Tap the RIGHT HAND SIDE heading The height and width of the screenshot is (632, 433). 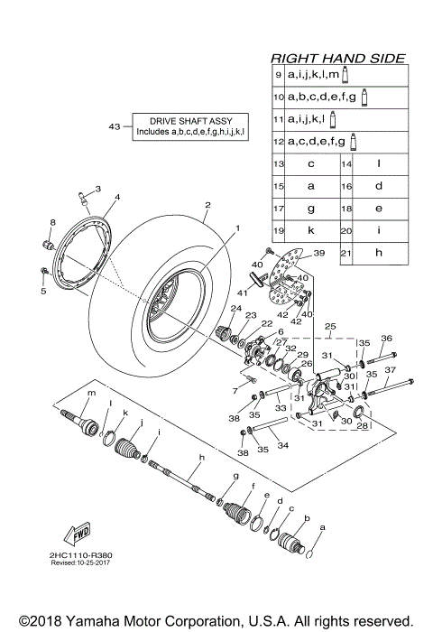coord(338,57)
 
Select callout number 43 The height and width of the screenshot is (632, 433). coord(114,126)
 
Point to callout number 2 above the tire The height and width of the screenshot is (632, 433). coord(207,204)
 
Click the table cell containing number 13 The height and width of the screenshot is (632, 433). coord(280,164)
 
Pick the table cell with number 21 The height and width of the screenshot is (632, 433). coord(345,255)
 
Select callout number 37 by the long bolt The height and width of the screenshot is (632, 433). coord(389,370)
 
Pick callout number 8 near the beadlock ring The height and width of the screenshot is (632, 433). coord(52,222)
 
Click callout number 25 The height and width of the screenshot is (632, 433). coord(329,325)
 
